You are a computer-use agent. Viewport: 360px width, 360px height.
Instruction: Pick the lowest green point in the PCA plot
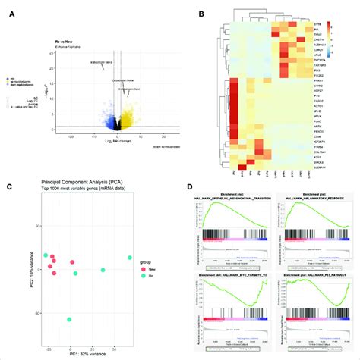point(69,320)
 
